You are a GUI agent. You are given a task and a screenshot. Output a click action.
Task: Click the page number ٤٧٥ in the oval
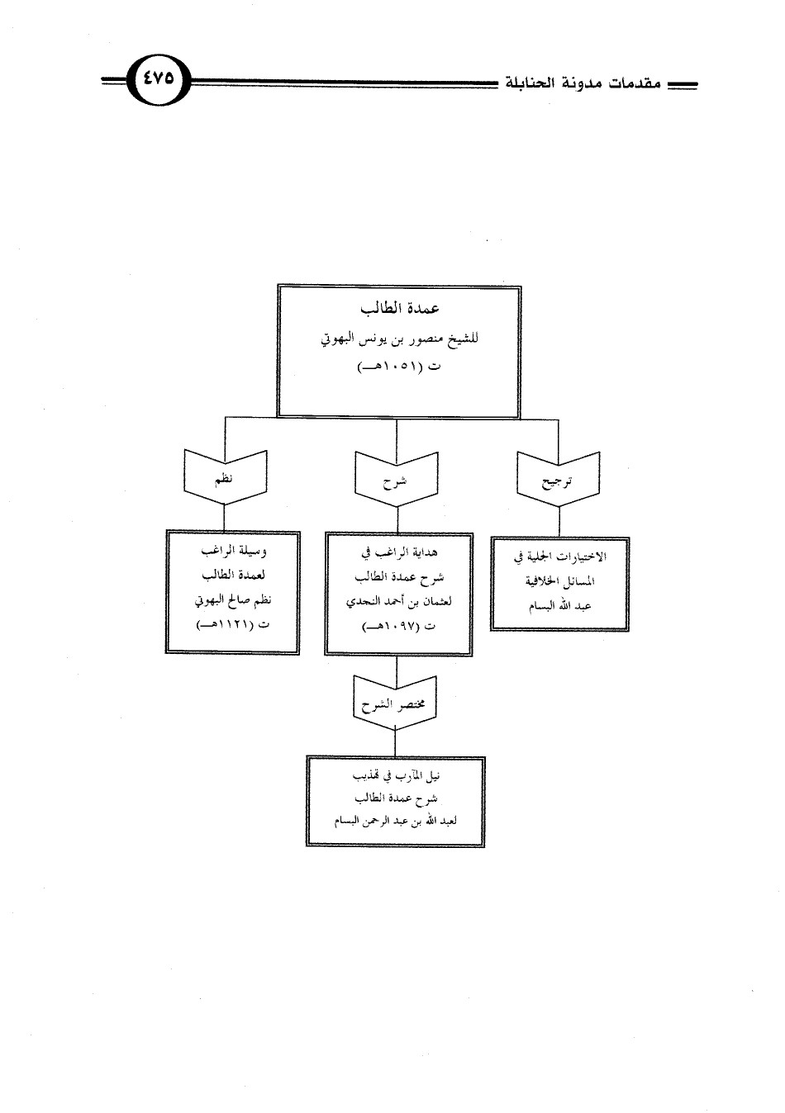click(159, 79)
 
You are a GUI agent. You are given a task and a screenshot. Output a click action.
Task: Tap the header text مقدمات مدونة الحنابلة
click(583, 83)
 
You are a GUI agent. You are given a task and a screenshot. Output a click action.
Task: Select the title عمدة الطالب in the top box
click(400, 309)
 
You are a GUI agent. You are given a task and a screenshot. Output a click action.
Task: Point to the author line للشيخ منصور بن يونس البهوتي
click(400, 340)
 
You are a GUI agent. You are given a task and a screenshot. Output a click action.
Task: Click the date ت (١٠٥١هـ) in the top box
click(400, 368)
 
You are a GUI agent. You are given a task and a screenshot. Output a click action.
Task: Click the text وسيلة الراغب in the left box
click(233, 551)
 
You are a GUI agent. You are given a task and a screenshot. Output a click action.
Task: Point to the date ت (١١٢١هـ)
click(233, 625)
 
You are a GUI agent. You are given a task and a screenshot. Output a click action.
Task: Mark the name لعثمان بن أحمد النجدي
click(399, 602)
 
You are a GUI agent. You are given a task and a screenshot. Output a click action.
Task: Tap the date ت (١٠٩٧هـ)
click(399, 627)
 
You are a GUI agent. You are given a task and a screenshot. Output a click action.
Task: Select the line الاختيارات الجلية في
click(560, 557)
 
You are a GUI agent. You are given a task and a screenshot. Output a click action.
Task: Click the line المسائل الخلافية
click(560, 581)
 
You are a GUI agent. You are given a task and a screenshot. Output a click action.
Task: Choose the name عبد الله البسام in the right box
click(560, 606)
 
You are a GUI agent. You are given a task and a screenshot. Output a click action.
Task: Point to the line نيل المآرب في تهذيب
click(396, 776)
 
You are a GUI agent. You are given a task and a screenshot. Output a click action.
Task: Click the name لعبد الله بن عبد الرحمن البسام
click(396, 822)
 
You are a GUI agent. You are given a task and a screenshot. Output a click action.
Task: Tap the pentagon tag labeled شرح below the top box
click(397, 480)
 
